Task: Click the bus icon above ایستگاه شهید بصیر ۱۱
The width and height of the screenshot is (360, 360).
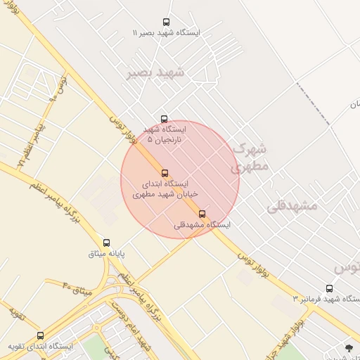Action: point(166,22)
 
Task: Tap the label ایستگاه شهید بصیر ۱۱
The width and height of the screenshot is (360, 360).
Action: point(166,33)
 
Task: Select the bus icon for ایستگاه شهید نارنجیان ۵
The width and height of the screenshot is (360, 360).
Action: point(165,119)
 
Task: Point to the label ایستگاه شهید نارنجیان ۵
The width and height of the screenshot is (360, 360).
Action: point(165,134)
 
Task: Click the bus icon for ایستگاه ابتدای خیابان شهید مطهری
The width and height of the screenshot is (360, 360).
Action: point(165,173)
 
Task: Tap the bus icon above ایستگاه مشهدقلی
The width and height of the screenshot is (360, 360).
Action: point(202,214)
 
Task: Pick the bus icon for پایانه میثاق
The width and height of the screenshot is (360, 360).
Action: point(107,243)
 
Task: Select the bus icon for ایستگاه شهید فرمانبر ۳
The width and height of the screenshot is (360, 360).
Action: point(330,288)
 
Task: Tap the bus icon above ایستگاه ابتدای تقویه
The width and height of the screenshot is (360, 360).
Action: point(40,335)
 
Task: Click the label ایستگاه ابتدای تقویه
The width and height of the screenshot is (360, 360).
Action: point(40,347)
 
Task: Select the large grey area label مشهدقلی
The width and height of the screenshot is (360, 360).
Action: point(293,206)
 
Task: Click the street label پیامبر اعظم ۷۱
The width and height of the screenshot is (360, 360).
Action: point(32,141)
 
